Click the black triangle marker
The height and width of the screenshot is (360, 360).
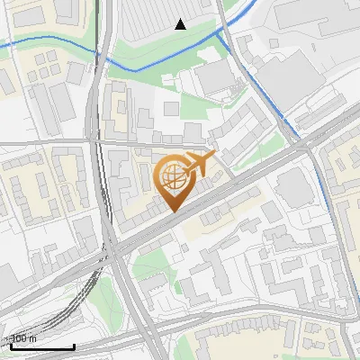[181, 24]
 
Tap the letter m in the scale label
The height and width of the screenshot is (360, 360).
[34, 338]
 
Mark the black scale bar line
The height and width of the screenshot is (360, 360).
[41, 346]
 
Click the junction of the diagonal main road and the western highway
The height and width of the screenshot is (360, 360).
[112, 255]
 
